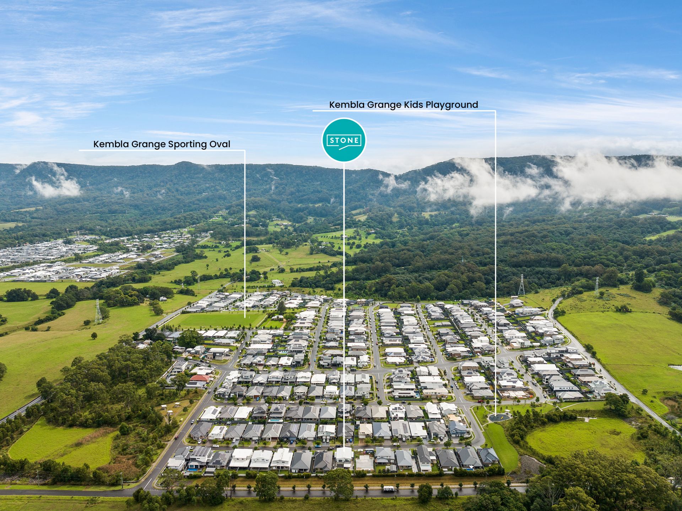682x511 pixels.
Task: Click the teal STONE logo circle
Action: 343,140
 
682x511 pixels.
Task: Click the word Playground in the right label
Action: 452,105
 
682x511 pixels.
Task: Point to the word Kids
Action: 414,105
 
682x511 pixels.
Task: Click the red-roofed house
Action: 200,378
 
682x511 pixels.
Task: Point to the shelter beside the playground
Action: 507,412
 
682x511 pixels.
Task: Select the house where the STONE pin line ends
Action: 344,457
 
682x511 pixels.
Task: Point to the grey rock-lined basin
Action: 529,464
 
